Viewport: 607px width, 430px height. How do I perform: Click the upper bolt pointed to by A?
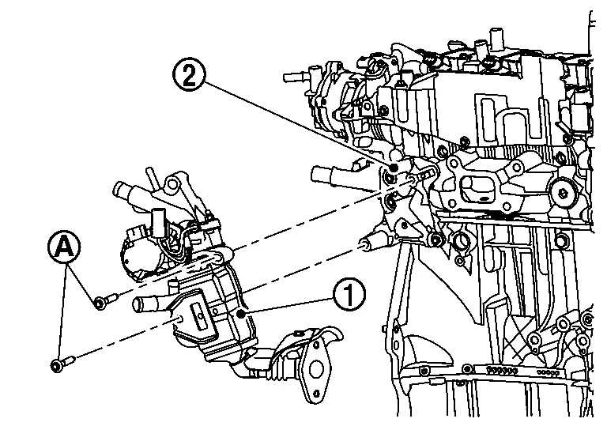tap(103, 300)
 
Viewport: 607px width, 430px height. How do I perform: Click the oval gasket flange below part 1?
tap(324, 359)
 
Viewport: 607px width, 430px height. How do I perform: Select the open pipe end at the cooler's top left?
tap(122, 190)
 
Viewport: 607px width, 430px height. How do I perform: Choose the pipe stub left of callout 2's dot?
tap(324, 172)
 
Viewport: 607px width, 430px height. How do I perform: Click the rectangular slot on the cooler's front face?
tap(201, 317)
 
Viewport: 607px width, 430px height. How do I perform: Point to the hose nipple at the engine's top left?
tap(294, 77)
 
